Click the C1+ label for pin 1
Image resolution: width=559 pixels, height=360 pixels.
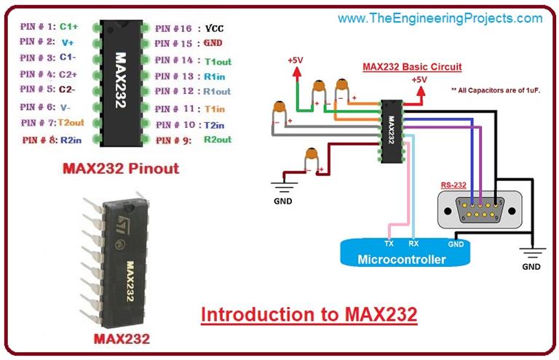(x=69, y=27)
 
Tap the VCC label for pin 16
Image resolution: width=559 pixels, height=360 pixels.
(x=213, y=28)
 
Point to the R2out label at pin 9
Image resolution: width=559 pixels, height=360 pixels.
(x=217, y=139)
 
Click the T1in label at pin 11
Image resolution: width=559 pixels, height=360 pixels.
(x=214, y=108)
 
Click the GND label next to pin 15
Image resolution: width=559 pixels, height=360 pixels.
(x=213, y=43)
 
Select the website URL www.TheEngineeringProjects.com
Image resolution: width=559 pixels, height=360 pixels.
(x=440, y=17)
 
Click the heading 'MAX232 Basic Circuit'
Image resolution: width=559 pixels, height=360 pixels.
(x=412, y=67)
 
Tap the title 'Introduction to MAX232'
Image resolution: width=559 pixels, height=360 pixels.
(x=309, y=315)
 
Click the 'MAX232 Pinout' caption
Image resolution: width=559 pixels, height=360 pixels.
(x=120, y=169)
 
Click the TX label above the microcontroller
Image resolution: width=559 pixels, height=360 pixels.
(x=389, y=244)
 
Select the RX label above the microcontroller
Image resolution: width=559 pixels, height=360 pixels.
(x=413, y=244)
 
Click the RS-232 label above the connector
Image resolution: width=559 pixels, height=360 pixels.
(x=453, y=185)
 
